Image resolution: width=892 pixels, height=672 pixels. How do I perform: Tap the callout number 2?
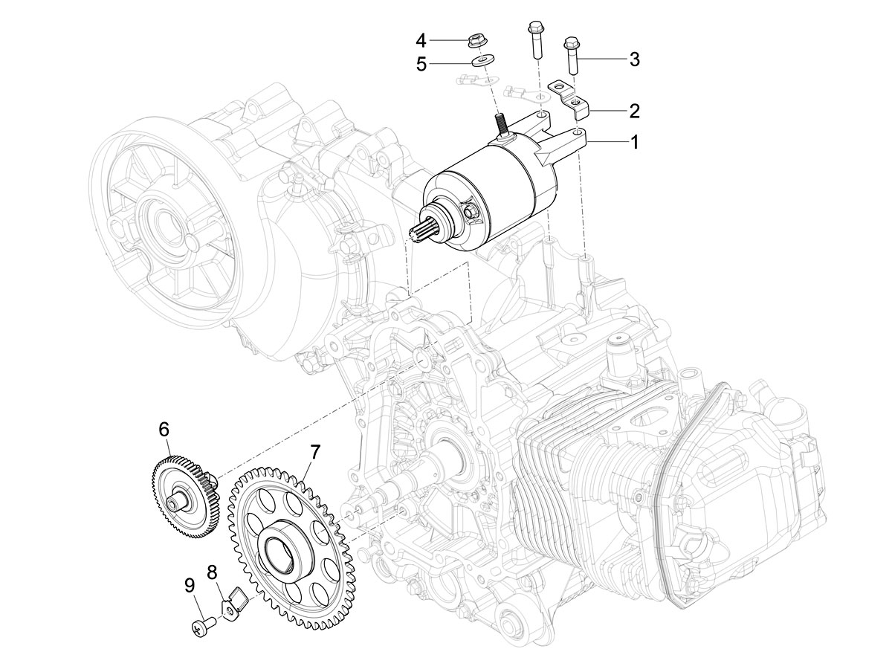633,112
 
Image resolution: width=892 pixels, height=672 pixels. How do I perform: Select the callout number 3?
634,59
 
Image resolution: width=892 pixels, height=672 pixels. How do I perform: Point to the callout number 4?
421,40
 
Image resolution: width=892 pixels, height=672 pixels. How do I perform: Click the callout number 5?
421,64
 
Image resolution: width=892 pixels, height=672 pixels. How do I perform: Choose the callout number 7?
315,452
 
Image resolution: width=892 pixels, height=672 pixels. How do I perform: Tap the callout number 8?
212,572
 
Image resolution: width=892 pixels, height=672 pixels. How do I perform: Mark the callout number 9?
190,586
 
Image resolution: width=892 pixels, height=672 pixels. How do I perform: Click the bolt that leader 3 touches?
572,56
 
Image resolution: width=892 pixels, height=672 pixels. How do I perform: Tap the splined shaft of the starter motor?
424,232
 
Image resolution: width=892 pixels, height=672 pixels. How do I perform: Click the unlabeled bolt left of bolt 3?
534,41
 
